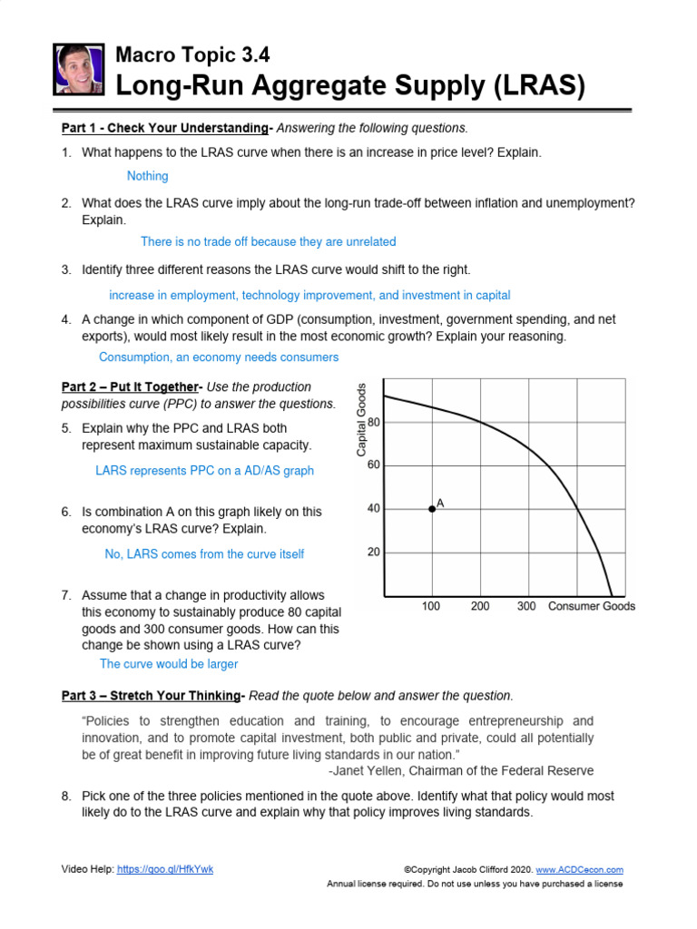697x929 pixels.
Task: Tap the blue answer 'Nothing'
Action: click(x=147, y=176)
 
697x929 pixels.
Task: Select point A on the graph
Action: click(x=432, y=509)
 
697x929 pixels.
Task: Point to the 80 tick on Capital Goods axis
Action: click(x=374, y=423)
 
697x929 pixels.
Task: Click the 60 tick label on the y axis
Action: click(x=374, y=465)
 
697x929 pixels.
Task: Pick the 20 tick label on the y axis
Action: click(x=374, y=552)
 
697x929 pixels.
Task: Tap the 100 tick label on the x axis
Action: click(x=432, y=606)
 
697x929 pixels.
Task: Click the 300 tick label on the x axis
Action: click(x=526, y=606)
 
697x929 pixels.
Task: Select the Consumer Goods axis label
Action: click(x=592, y=606)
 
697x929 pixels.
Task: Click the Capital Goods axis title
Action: click(x=361, y=419)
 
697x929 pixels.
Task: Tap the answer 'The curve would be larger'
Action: click(x=169, y=664)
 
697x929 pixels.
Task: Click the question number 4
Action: click(x=66, y=319)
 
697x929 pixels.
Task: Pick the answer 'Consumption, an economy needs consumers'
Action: click(x=219, y=357)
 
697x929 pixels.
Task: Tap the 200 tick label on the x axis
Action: click(x=479, y=606)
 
